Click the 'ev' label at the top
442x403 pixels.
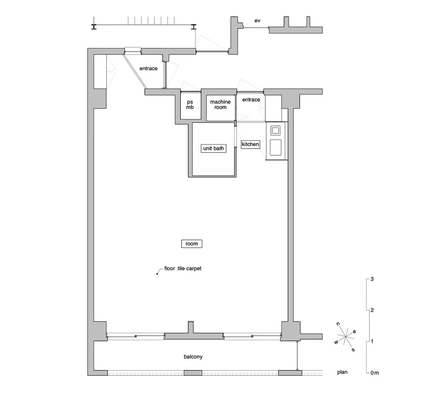coord(257,21)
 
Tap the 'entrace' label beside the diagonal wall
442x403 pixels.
coord(148,69)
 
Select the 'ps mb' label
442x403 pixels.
coord(190,105)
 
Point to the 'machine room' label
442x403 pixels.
coord(220,105)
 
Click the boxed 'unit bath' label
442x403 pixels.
coord(213,148)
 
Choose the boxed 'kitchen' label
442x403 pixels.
coord(250,144)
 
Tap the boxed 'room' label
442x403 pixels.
coord(191,244)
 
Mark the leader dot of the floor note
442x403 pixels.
coord(157,274)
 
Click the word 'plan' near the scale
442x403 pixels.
coord(342,372)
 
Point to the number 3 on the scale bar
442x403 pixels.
coord(372,279)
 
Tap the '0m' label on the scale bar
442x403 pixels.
coord(374,373)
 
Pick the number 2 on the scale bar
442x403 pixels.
coord(372,310)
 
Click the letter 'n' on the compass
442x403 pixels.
coord(338,324)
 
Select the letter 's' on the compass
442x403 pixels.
coord(353,349)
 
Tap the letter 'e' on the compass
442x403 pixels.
coord(354,331)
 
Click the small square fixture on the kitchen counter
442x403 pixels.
coord(276,130)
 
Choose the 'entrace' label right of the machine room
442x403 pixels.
coord(251,100)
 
